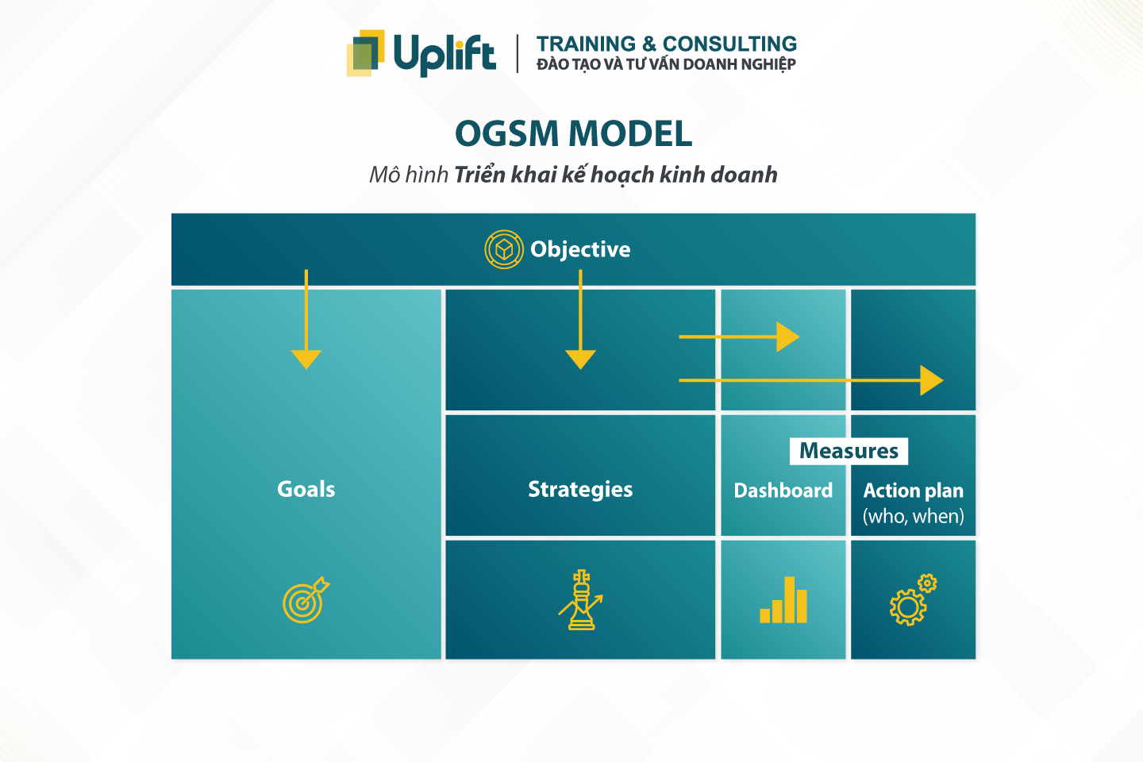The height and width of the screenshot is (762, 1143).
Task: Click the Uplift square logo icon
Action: pos(366,52)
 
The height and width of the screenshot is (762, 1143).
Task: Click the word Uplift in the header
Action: pos(444,54)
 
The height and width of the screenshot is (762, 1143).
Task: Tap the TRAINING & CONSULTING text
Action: pos(666,44)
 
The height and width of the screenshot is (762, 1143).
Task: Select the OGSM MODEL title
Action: pos(573,133)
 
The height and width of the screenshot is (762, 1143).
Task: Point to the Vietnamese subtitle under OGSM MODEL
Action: pos(573,175)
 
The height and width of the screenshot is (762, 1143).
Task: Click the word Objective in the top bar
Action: pos(580,249)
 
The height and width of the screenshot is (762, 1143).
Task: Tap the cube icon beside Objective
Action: pos(503,249)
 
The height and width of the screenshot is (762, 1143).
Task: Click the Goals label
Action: pos(306,489)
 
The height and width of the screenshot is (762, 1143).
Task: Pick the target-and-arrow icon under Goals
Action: pos(305,600)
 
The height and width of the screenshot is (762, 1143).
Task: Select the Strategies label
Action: pos(580,489)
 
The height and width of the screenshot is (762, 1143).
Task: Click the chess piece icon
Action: pos(581,600)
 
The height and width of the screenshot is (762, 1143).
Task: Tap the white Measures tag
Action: pos(849,451)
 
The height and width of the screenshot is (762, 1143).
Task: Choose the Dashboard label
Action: pos(783,491)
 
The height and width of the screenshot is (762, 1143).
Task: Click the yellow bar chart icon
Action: pos(783,601)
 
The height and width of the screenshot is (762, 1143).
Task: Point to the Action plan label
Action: pos(913,491)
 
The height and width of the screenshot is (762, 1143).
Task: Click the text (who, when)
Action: pos(913,517)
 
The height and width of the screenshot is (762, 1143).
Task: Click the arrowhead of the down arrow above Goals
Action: pos(306,359)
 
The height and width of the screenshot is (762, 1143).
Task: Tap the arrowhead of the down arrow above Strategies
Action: pos(580,359)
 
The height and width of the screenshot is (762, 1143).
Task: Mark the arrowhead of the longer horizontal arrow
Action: pos(931,380)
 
